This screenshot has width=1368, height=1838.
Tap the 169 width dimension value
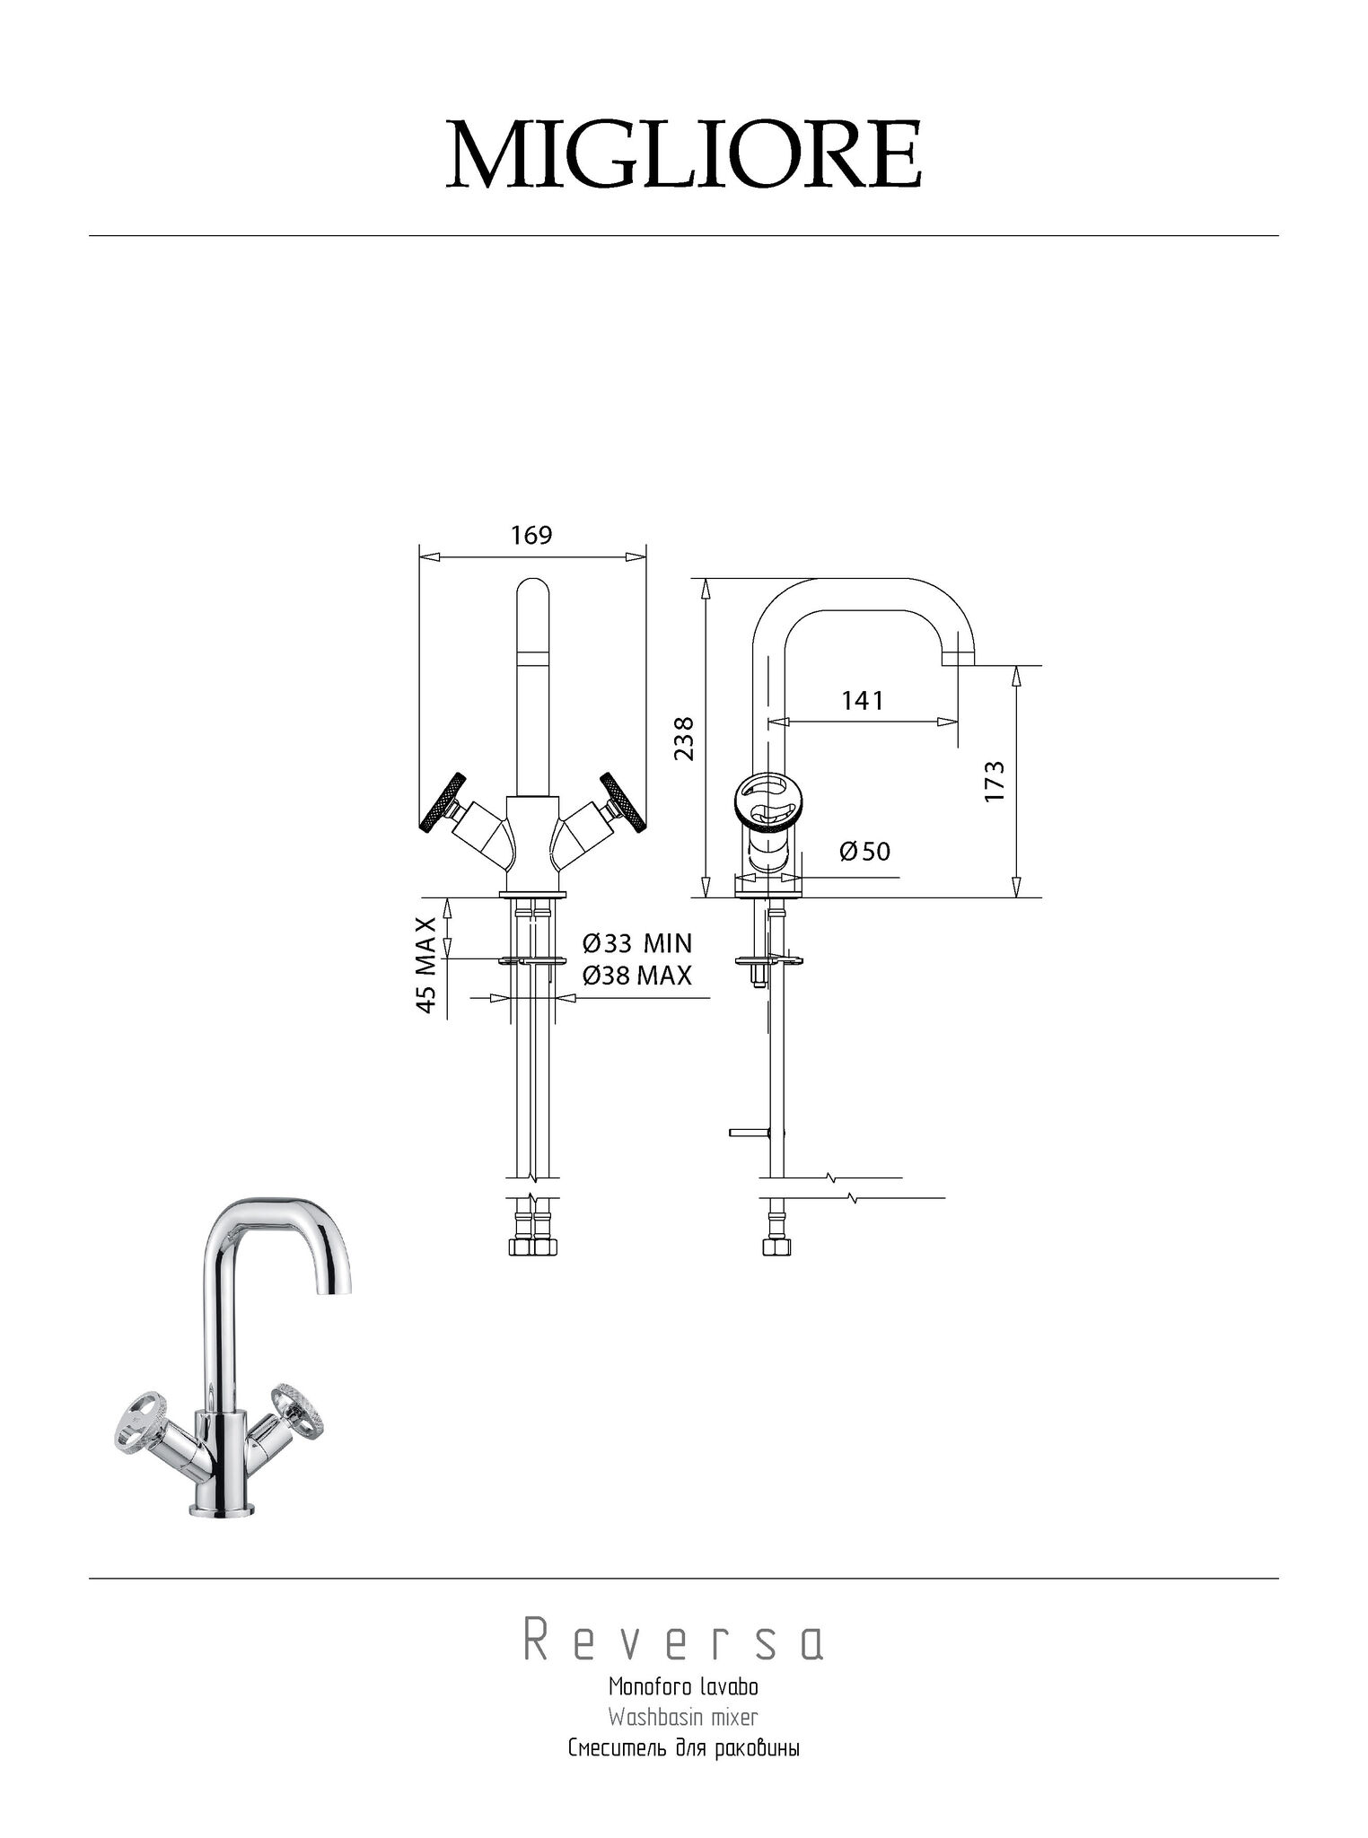(x=531, y=536)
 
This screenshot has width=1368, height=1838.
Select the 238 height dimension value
(x=685, y=738)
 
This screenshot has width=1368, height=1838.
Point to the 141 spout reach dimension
(x=863, y=701)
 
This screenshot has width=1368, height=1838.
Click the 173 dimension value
(x=994, y=781)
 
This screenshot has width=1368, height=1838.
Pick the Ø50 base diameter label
(x=865, y=851)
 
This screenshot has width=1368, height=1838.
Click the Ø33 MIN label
(x=637, y=944)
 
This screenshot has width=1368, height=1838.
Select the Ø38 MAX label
(x=637, y=976)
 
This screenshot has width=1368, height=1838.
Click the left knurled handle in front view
(x=443, y=800)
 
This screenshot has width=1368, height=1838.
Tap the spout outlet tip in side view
(x=958, y=660)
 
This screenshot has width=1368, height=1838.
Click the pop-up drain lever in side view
(x=748, y=1132)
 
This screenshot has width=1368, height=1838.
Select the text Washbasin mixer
(x=683, y=1718)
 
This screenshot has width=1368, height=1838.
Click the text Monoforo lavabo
(x=683, y=1687)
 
